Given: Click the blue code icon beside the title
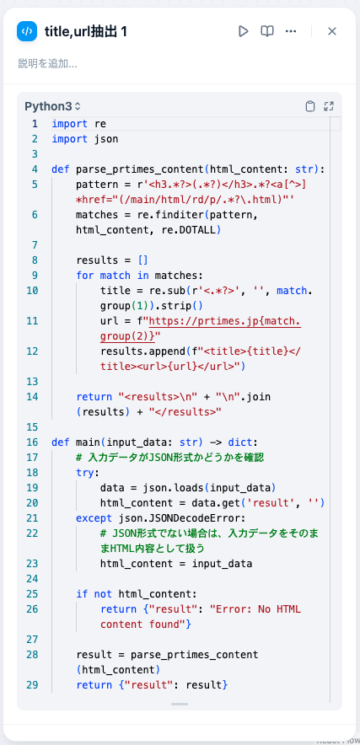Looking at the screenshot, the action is pos(27,31).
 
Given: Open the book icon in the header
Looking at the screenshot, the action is pos(267,31).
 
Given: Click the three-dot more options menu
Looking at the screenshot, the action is pos(291,31).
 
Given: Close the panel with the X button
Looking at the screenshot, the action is pos(332,31).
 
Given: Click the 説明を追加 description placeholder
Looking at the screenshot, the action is pos(47,63).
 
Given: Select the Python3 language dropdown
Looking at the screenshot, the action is pos(53,106).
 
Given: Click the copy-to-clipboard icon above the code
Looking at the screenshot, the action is pos(310,106).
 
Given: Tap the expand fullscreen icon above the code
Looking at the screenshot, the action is pos(329,106).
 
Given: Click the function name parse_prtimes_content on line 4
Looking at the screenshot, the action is pos(141,169).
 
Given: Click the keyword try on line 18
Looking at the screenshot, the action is pos(86,473).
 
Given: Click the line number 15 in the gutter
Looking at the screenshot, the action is pos(32,427).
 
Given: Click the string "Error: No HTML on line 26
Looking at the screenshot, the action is pos(255,609).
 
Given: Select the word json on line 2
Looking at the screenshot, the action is pos(106,139).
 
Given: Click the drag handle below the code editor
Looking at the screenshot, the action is pos(180,705).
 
